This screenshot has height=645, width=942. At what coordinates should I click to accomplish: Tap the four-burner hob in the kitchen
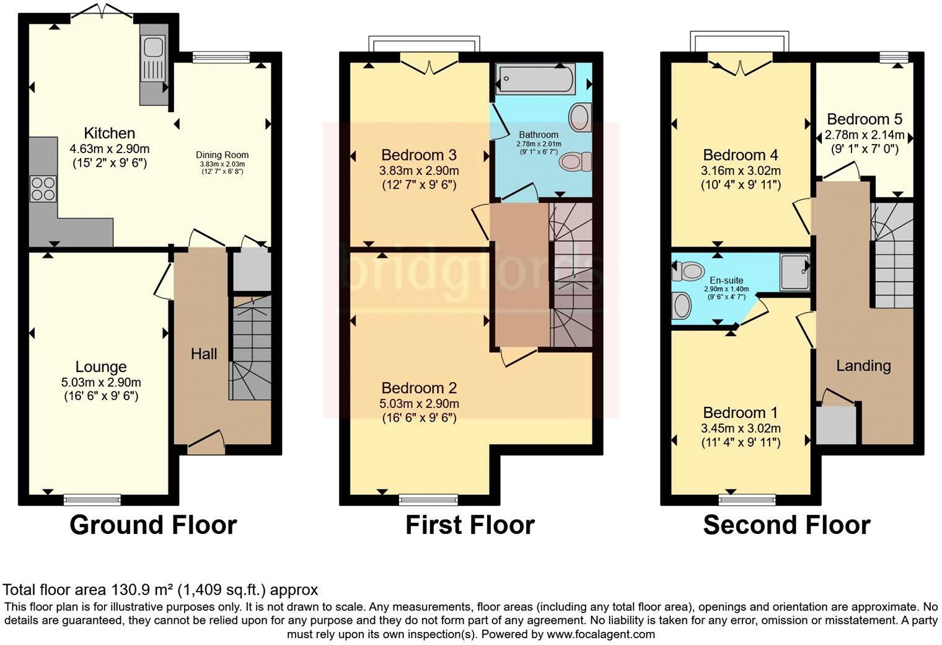tap(42, 188)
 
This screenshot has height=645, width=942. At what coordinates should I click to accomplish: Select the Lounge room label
tap(101, 367)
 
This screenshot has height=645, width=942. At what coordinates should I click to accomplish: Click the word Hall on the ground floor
tap(204, 354)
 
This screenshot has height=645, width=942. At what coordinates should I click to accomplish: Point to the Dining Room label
tap(222, 155)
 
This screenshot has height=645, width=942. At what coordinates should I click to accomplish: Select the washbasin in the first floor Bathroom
tap(580, 117)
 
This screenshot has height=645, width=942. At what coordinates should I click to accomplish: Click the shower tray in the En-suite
tap(795, 272)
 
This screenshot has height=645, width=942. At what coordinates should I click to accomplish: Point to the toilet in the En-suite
tap(689, 270)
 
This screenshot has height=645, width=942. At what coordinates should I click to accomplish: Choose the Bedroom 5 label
tap(864, 119)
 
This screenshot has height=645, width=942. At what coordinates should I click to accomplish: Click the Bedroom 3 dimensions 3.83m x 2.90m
tap(420, 171)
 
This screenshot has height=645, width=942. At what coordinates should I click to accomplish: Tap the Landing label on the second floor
tap(863, 365)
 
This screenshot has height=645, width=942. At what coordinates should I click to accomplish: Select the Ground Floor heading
tap(153, 525)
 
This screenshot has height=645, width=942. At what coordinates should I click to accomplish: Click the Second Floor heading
tap(786, 525)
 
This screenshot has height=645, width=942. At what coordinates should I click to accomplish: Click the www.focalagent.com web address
tap(601, 634)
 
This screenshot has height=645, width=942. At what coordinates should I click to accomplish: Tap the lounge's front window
tap(93, 496)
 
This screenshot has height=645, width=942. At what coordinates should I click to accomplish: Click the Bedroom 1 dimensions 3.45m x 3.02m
tap(741, 429)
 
